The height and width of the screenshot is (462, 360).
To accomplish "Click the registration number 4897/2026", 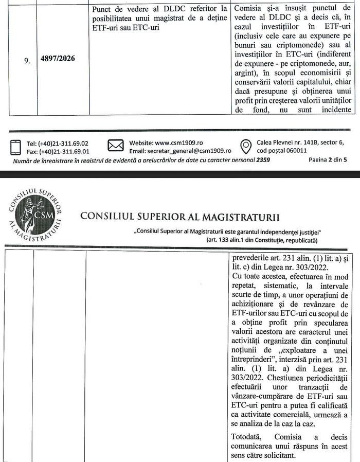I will (x=58, y=59).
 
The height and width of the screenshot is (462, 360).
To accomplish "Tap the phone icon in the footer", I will (x=15, y=147).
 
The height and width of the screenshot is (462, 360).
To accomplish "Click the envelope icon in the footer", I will (x=115, y=147).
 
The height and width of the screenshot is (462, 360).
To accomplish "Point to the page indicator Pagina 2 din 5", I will (x=328, y=159).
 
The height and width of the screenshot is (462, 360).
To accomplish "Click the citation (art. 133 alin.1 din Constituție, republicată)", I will (x=262, y=240).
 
